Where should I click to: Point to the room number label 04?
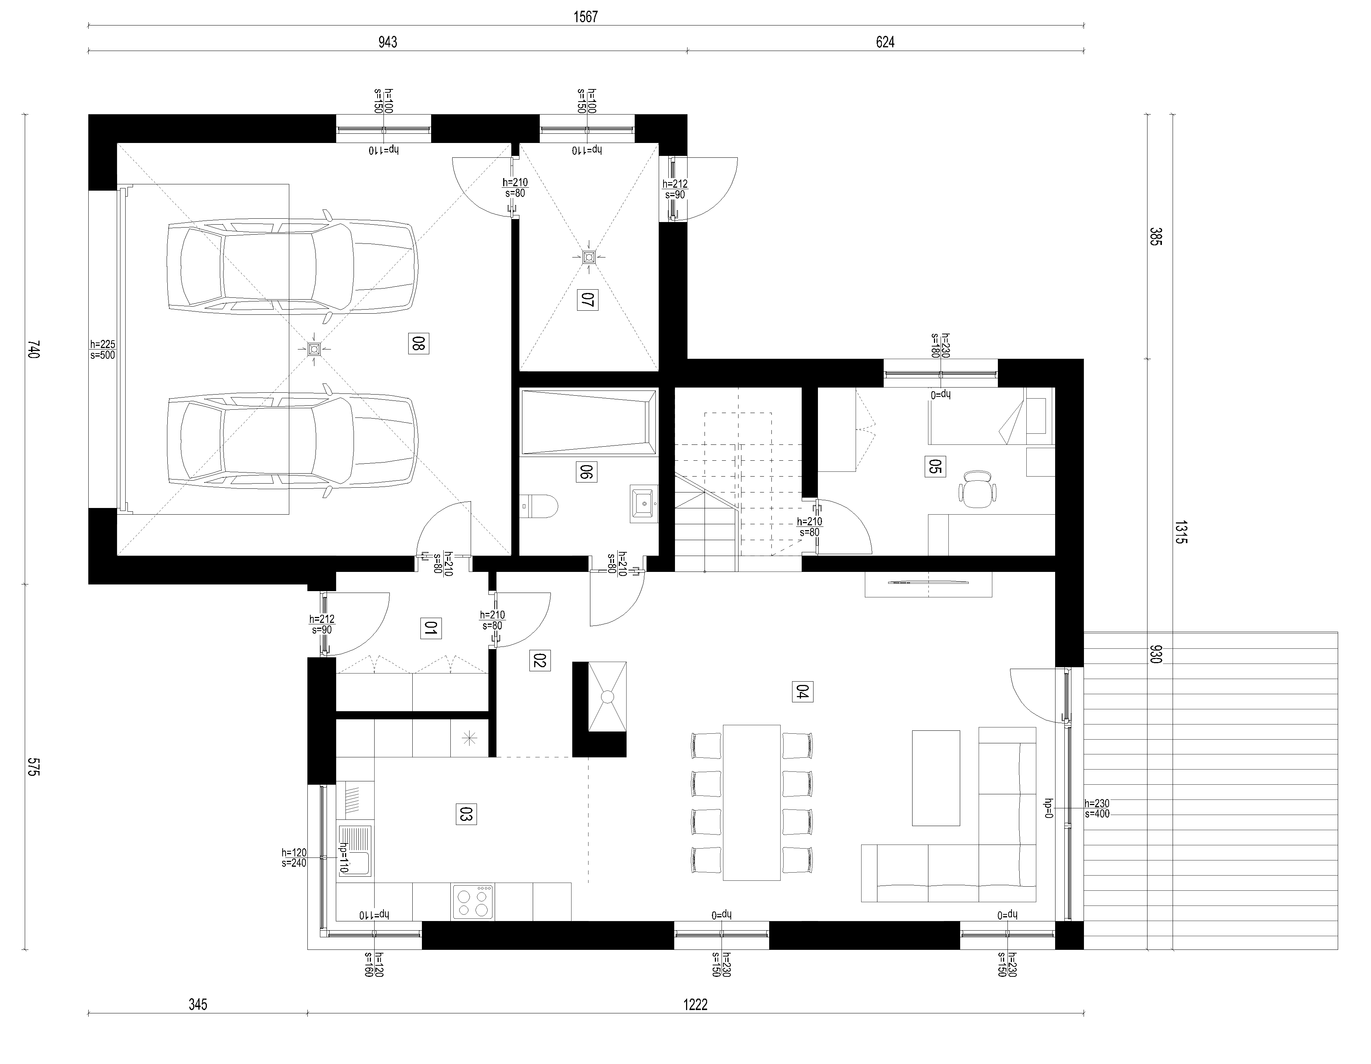coord(803,691)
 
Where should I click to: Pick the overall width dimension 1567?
coord(586,17)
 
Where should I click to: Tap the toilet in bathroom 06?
coord(539,506)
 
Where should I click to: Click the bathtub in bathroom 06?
coord(589,421)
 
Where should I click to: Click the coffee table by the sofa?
coord(936,778)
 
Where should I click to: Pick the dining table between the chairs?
coord(752,802)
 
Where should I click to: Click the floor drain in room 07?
coord(588,257)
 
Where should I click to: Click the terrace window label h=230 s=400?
coord(1097,809)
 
